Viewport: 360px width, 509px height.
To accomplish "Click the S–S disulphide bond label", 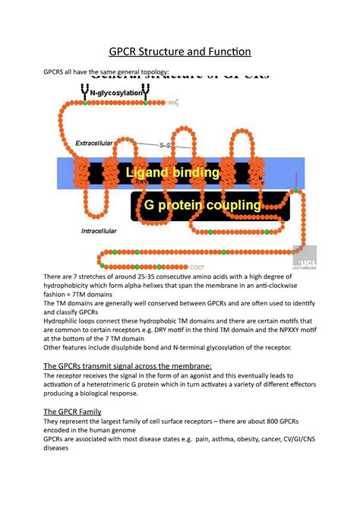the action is [x=165, y=144].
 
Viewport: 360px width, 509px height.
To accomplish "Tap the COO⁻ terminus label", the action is [x=197, y=267].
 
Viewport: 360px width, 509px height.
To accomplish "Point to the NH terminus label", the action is [x=173, y=100].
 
